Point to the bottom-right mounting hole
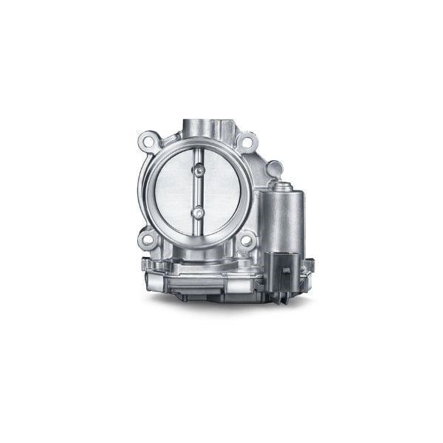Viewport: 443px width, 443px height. [247, 238]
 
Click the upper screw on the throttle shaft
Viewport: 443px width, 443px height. [199, 171]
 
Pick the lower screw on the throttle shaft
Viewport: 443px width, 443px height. [199, 213]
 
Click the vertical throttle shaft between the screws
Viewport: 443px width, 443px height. [199, 192]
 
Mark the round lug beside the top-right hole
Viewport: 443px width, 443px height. [274, 168]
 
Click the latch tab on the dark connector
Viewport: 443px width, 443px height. [285, 272]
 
